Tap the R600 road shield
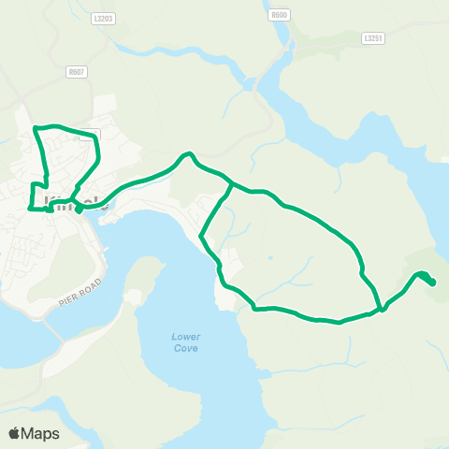click(x=278, y=15)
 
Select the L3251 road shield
click(x=373, y=37)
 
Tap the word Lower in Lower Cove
click(x=186, y=337)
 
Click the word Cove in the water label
click(x=186, y=348)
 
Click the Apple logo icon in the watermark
click(x=14, y=433)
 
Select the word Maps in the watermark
click(x=42, y=433)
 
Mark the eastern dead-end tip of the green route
click(x=433, y=283)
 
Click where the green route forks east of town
click(x=231, y=184)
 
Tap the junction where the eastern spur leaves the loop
click(x=382, y=308)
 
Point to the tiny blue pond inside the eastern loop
click(x=269, y=257)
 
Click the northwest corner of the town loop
click(x=35, y=127)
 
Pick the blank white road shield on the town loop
click(x=90, y=134)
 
